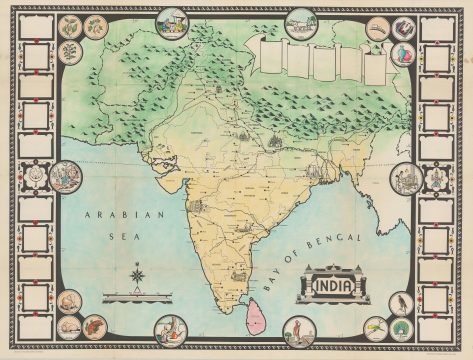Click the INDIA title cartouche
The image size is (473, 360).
tap(334, 285)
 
